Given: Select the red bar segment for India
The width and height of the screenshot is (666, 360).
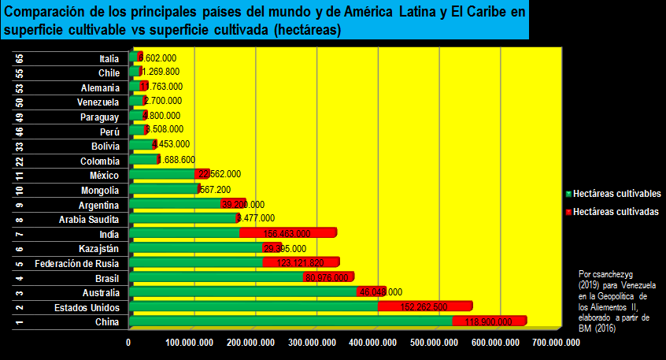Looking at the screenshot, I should [288, 233].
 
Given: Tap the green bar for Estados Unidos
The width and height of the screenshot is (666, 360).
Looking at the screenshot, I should [252, 307].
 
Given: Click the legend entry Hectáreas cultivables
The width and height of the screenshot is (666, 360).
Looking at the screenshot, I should [616, 193].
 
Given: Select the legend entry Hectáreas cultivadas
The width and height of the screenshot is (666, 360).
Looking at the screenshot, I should [615, 212].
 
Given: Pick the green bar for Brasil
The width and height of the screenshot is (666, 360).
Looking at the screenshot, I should [216, 277].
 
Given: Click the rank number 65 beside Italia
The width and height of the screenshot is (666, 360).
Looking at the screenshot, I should [20, 58].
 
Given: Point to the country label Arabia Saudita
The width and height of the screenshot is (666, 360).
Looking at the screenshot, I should [89, 219].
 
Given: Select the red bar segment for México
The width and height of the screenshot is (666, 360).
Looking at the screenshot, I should [202, 174].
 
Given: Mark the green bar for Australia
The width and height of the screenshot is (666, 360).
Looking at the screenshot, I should [244, 292].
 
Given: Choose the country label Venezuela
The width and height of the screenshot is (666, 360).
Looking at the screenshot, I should [98, 102].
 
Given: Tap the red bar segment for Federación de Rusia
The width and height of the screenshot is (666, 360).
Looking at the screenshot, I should [302, 263].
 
